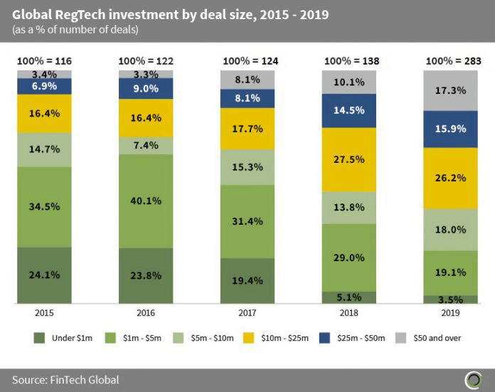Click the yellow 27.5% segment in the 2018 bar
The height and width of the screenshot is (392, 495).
click(x=349, y=159)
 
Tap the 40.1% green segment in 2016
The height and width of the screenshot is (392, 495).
click(x=145, y=201)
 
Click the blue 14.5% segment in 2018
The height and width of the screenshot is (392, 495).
click(x=349, y=111)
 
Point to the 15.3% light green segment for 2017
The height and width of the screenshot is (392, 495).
click(x=247, y=167)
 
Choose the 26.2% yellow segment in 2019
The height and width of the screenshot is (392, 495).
click(x=451, y=178)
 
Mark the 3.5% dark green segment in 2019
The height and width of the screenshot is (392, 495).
click(x=451, y=300)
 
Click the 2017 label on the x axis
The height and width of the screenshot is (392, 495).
click(x=247, y=313)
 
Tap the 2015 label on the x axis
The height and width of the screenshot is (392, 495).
click(x=43, y=313)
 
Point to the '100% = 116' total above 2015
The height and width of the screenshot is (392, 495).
click(x=43, y=62)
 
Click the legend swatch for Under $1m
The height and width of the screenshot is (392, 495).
click(x=41, y=338)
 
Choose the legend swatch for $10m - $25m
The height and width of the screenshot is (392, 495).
click(x=254, y=338)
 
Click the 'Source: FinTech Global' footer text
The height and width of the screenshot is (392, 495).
click(x=65, y=380)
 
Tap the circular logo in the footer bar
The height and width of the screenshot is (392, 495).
click(x=472, y=379)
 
